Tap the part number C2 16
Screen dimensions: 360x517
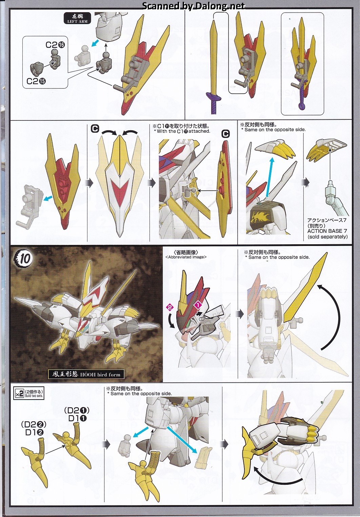(55, 44)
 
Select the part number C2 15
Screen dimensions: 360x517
(36, 81)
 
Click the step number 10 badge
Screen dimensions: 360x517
(24, 258)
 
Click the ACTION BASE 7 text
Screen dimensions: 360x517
(327, 231)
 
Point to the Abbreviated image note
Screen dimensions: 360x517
(186, 257)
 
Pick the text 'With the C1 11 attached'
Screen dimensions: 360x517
(182, 131)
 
